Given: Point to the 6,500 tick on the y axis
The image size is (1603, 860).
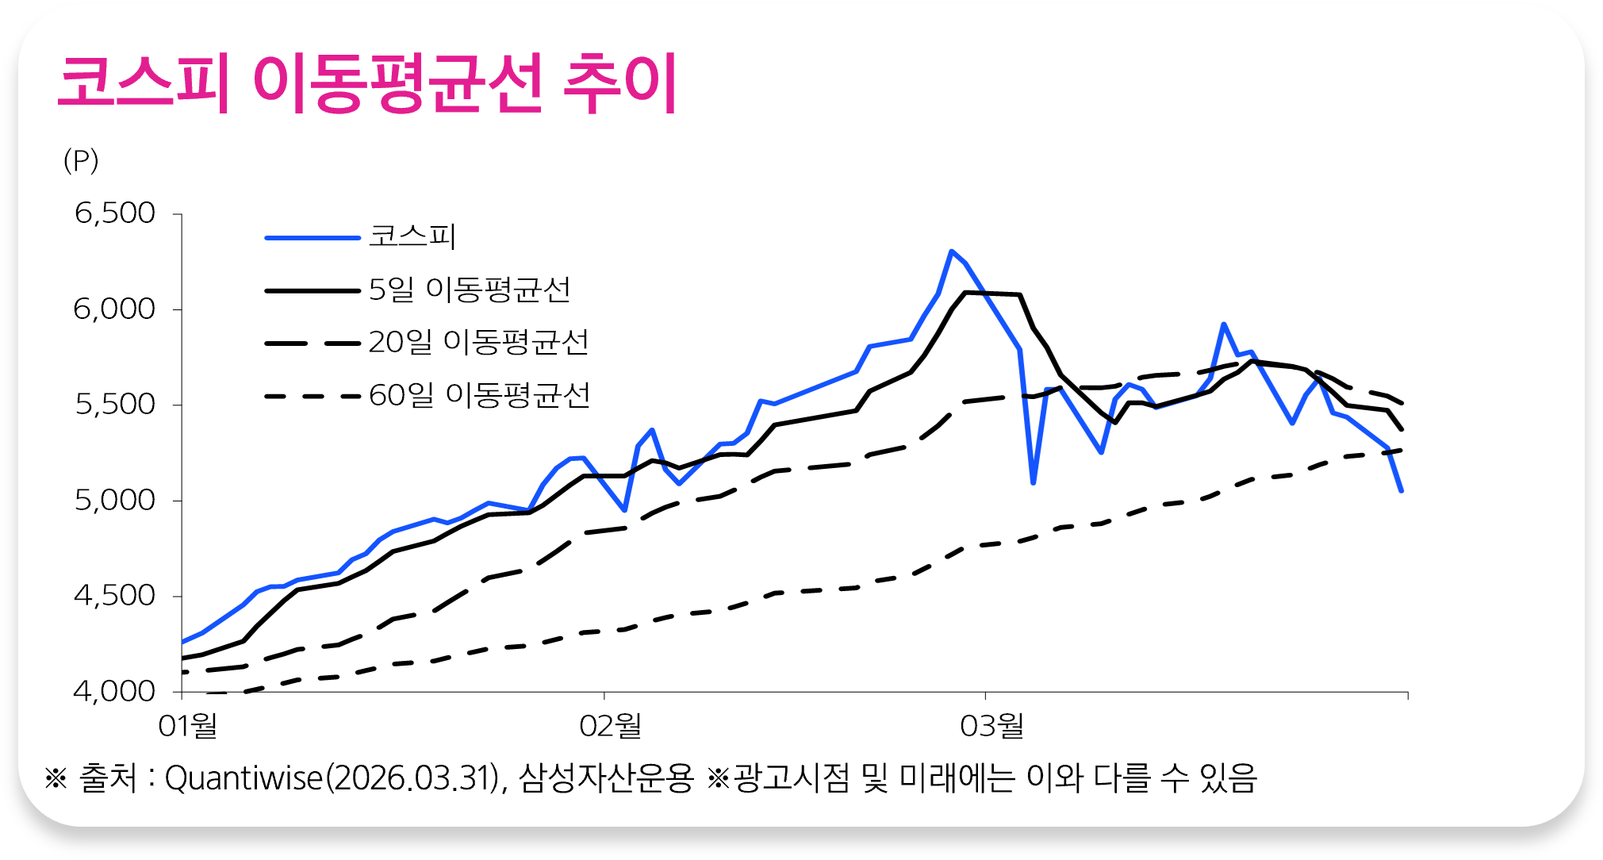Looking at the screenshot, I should [115, 213].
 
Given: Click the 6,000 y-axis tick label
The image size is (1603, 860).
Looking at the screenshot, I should [115, 309].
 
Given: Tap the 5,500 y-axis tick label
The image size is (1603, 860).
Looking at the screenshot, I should [115, 405].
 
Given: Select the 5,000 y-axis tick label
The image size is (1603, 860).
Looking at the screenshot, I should [115, 501].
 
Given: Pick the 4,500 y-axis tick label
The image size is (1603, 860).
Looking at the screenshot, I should [115, 596].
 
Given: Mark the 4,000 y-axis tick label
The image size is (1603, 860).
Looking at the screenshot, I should [115, 692].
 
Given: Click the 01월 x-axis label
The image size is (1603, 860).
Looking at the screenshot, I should [188, 725].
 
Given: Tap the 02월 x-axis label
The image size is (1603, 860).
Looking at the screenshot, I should [610, 725].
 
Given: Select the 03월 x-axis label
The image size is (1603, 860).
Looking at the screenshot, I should [991, 725].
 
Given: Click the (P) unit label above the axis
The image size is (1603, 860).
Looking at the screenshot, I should [81, 161].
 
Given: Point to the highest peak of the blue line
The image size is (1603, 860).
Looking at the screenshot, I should [951, 251].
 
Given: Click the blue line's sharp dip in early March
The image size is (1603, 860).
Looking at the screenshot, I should [1034, 482].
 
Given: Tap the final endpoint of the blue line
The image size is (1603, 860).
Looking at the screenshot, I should [1402, 491].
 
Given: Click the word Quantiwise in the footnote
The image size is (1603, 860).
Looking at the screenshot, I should [244, 778].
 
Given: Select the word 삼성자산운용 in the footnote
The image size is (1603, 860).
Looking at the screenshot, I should [607, 778].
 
